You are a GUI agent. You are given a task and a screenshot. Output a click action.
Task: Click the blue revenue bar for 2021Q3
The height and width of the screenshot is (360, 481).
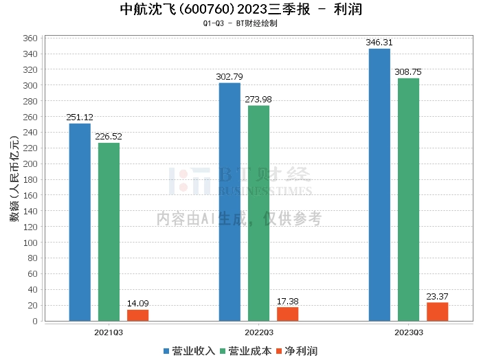point(80,222)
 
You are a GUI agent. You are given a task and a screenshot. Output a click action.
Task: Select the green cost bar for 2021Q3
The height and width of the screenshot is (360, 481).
point(109,232)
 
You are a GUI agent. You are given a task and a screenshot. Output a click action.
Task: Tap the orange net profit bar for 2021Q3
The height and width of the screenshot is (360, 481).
point(137,315)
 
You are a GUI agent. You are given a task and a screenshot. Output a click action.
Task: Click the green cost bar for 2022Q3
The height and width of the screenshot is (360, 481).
point(258,213)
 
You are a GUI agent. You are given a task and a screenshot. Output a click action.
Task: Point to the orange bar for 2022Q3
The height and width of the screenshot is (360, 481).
point(287,314)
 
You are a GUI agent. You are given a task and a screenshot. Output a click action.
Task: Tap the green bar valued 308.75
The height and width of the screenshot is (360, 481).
point(408,199)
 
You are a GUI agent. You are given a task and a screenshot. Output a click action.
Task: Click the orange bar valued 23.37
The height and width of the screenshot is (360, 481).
point(437,312)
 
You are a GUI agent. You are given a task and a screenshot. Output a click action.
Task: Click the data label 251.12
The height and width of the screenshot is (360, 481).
point(80,117)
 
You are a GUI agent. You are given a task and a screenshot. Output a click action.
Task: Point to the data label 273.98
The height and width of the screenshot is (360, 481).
point(258,100)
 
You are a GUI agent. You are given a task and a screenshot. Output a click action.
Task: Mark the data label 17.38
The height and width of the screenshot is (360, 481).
point(287,302)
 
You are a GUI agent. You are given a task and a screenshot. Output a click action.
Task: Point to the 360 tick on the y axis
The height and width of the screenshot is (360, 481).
point(30,38)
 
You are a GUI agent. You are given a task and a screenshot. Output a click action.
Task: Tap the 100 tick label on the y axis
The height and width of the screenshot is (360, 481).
point(30,243)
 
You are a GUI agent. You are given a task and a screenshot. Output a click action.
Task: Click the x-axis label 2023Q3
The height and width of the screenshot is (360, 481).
point(408,332)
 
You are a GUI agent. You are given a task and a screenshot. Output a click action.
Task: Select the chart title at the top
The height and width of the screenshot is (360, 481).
point(240,10)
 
